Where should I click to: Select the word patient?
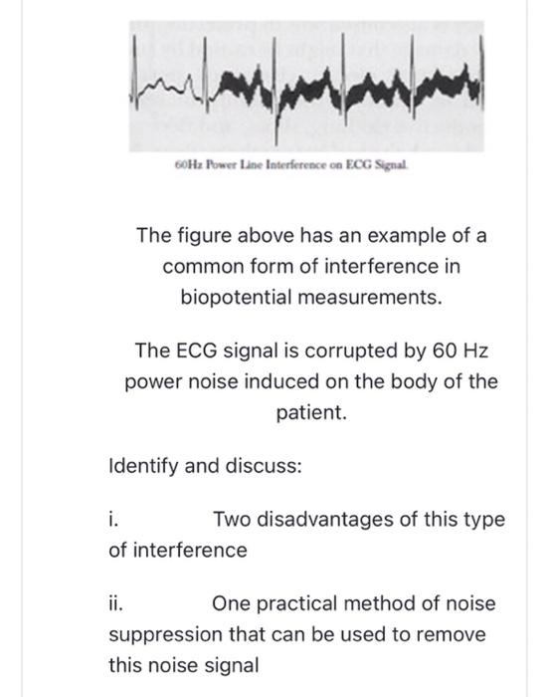pyautogui.click(x=311, y=410)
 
